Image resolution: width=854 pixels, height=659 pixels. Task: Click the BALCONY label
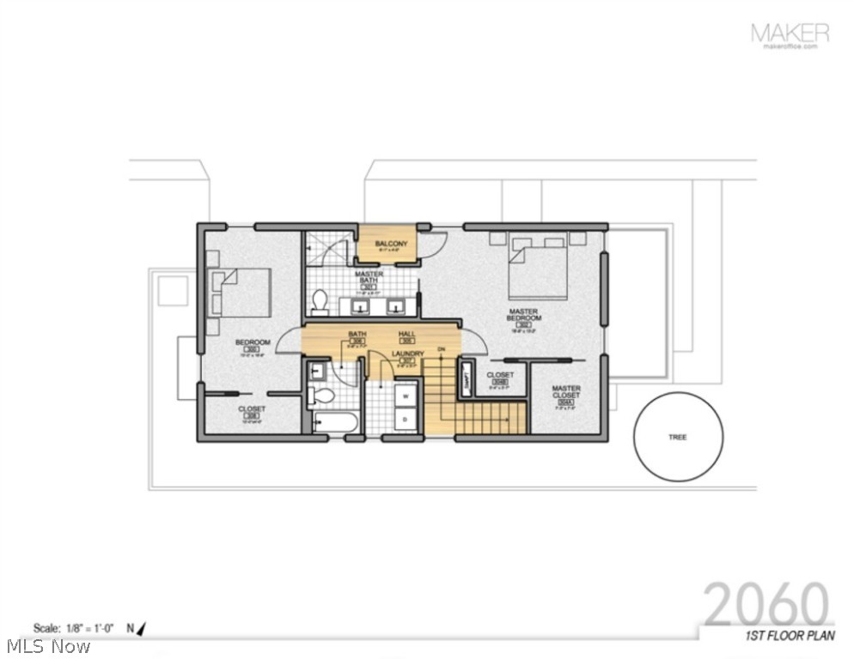391,245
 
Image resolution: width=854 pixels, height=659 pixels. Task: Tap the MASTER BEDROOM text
522,315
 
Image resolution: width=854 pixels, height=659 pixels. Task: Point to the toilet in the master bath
320,300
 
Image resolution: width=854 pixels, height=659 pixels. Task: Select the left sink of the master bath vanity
361,305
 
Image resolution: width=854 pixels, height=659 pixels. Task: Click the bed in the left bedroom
242,293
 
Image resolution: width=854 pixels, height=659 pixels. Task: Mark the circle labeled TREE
678,437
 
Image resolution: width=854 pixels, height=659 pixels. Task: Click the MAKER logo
790,34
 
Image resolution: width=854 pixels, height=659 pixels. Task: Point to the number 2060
767,605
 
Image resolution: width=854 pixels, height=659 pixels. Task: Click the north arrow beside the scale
141,628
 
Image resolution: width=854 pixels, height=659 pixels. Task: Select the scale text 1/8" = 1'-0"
76,628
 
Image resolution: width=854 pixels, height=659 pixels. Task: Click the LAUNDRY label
407,354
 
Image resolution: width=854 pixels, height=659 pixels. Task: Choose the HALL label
407,334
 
